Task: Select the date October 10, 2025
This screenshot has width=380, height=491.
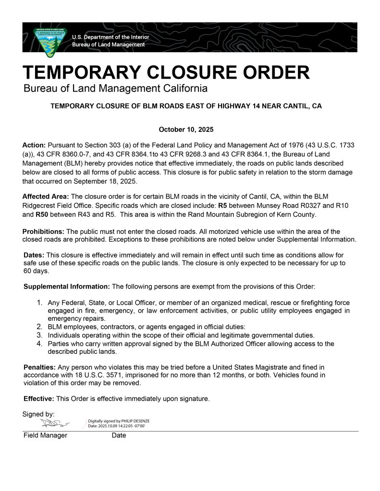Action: [x=186, y=129]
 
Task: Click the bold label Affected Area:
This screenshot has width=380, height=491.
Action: [x=46, y=197]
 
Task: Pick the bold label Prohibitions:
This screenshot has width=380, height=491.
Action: [x=43, y=232]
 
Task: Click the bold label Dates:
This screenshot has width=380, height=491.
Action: [x=33, y=255]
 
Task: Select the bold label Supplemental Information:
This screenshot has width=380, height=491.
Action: [x=67, y=286]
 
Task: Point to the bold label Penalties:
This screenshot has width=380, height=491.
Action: [x=40, y=367]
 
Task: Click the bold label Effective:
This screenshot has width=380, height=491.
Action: [x=39, y=398]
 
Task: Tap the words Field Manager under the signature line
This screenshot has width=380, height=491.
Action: [x=45, y=435]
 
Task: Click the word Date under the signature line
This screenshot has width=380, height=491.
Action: [x=119, y=435]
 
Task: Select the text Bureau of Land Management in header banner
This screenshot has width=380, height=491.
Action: [x=108, y=45]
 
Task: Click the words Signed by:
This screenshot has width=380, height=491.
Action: [x=38, y=413]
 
